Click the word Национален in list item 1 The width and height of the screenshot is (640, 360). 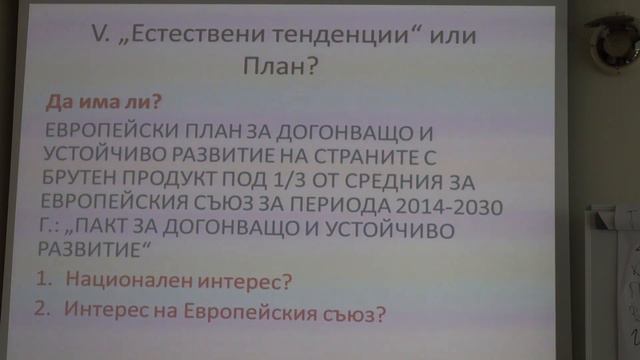click(121, 281)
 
